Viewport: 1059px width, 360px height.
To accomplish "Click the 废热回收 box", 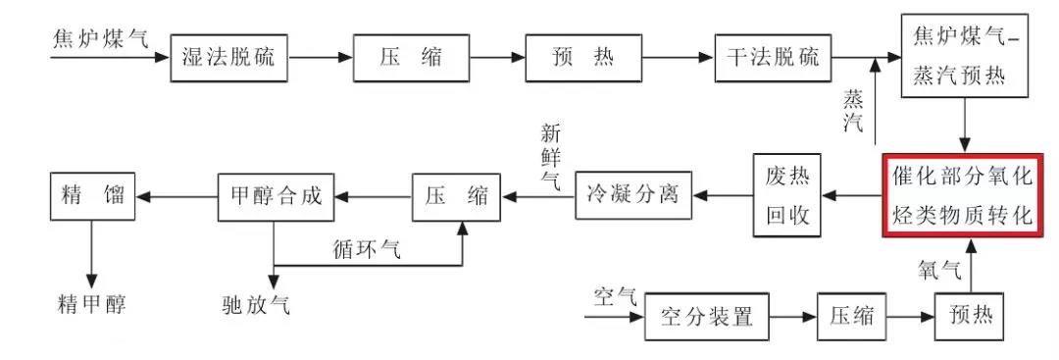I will tap(786, 195).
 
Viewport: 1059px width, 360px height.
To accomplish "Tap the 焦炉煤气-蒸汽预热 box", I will tap(965, 57).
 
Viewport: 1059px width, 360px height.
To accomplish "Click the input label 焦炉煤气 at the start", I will tap(101, 39).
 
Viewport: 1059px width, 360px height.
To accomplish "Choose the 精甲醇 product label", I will tap(92, 304).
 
